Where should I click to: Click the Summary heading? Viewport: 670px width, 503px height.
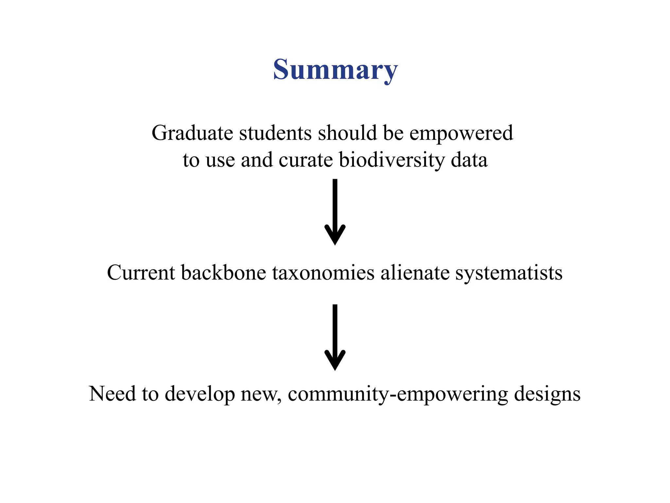[335, 69]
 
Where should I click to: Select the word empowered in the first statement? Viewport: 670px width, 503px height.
[461, 133]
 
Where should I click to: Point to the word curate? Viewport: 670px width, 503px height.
[306, 160]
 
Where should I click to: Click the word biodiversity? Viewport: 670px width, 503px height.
[392, 160]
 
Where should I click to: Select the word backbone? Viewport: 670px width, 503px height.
[223, 273]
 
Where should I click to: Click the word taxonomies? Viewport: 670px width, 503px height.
[323, 273]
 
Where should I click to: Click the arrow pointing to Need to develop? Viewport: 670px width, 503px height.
[335, 337]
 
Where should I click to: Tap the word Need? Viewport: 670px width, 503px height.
[112, 394]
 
